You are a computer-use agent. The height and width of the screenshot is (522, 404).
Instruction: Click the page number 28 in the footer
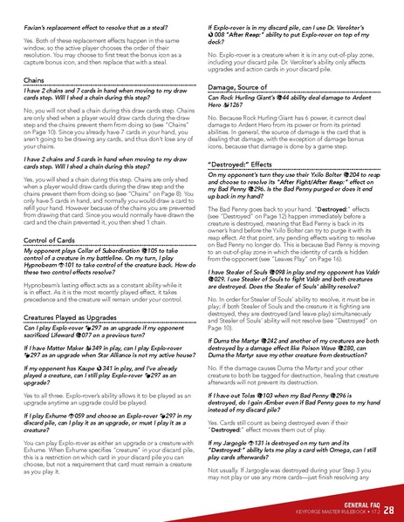pos(389,507)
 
